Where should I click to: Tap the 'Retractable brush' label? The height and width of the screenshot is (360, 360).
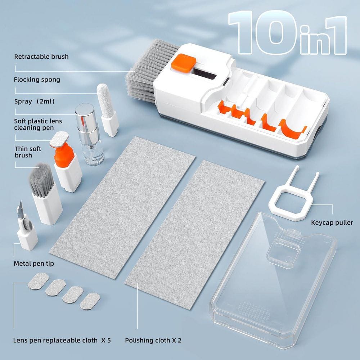41,57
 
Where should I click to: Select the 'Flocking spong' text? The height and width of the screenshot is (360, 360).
37,80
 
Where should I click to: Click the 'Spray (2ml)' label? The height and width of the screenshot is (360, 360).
34,102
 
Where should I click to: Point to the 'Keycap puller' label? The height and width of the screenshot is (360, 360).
332,222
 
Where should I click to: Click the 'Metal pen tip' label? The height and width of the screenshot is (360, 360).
34,264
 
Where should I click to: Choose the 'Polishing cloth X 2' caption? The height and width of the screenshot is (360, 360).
153,340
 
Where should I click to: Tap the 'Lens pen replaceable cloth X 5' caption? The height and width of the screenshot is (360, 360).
62,340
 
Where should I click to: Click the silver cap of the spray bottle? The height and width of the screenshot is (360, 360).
85,114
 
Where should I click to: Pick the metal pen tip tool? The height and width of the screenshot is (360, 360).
27,230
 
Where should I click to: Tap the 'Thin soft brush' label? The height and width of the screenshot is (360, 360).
28,152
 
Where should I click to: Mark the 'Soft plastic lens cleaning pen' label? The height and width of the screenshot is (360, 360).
38,124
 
